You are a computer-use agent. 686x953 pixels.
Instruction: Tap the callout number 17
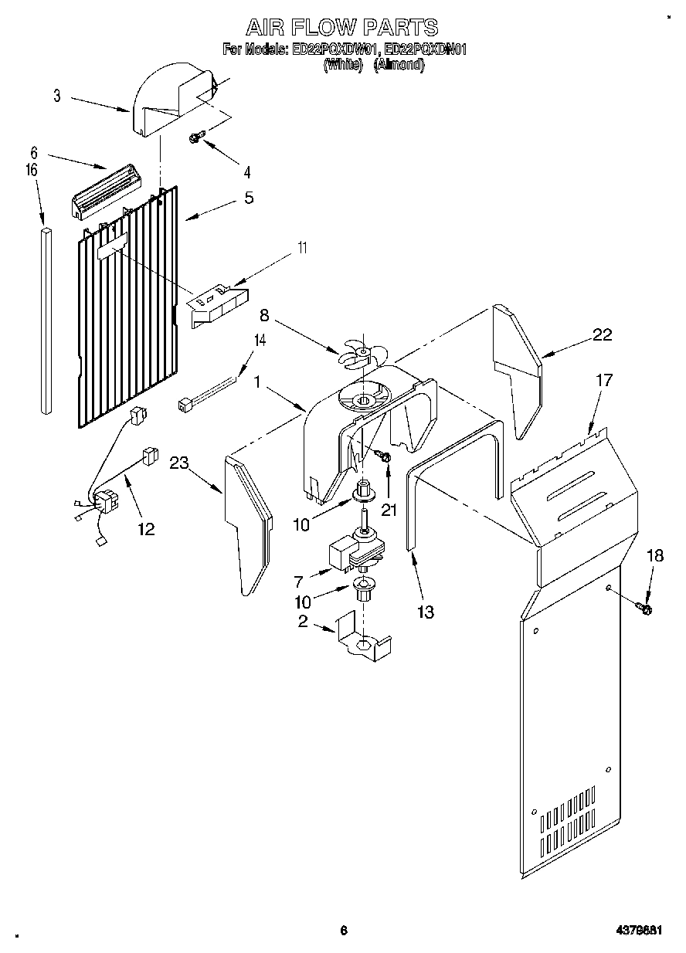[x=604, y=380]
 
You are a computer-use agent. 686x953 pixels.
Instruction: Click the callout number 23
[x=179, y=463]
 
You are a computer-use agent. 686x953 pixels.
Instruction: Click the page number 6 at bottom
[x=344, y=931]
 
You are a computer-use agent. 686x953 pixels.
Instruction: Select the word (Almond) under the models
[x=399, y=66]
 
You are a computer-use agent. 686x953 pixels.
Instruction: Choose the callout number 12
[x=145, y=529]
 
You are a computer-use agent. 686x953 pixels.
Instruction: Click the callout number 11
[x=302, y=249]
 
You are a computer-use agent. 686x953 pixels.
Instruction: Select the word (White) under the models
[x=343, y=66]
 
